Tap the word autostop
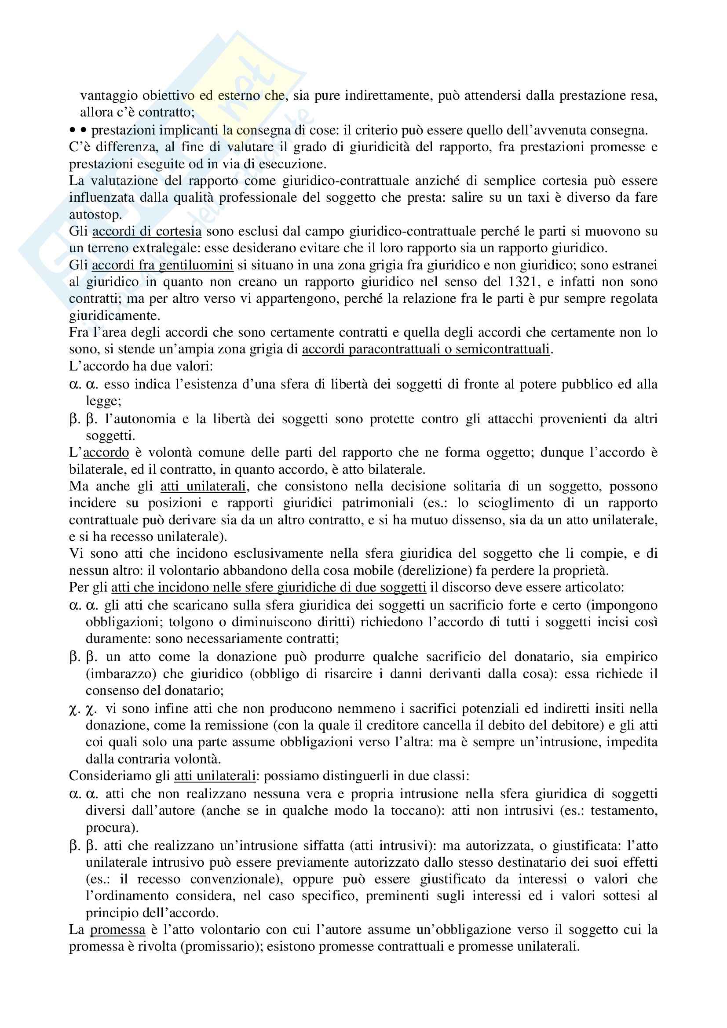95,215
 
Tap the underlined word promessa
118,930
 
